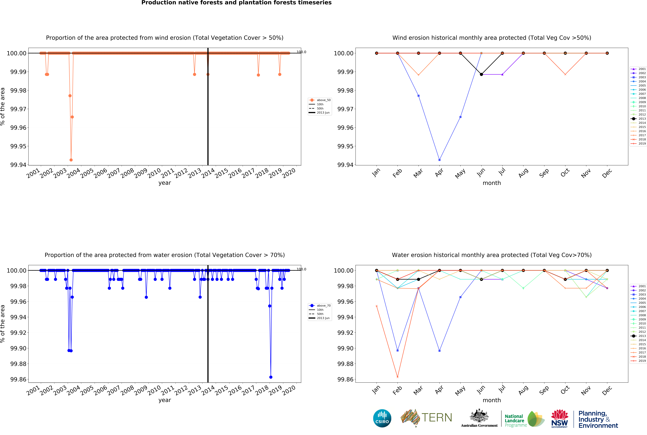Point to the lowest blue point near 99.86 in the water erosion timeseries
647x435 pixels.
click(x=271, y=377)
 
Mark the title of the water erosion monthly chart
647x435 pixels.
click(x=491, y=255)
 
